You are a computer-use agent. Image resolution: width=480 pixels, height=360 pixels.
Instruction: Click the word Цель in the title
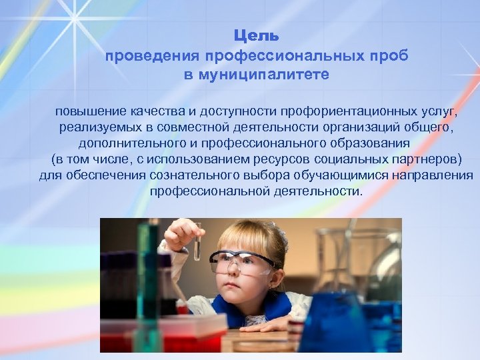coord(256,35)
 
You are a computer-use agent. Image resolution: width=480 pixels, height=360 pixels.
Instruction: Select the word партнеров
coord(427,159)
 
